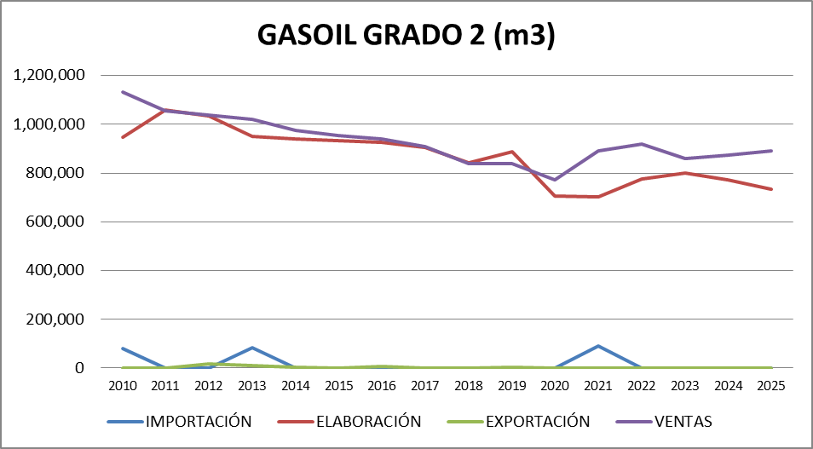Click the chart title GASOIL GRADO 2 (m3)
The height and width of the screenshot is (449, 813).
point(406,37)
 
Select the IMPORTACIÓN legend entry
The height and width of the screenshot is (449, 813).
point(198,421)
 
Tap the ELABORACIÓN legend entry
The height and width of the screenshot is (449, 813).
point(368,421)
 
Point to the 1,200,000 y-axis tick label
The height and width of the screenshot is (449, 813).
point(49,76)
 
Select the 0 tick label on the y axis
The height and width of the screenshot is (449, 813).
point(78,368)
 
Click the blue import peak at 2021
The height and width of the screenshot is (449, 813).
point(598,346)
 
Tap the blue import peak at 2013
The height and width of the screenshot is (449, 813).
point(252,348)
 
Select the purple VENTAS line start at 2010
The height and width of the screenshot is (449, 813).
point(123,92)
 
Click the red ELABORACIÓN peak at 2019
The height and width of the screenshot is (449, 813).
point(511,152)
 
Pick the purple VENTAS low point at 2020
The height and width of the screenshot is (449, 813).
point(555,180)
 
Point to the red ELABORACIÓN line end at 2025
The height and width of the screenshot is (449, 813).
point(770,189)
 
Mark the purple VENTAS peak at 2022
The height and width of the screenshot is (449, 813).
point(641,144)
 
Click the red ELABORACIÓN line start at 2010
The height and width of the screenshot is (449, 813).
point(123,137)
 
